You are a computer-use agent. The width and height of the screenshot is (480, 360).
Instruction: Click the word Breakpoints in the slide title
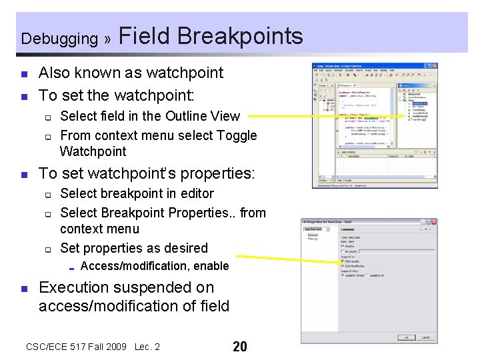pyautogui.click(x=241, y=36)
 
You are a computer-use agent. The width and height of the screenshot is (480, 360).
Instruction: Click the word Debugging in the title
pyautogui.click(x=59, y=39)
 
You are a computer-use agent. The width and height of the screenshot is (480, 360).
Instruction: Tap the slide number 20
pyautogui.click(x=239, y=347)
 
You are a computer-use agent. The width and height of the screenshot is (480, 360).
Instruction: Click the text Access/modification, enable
pyautogui.click(x=154, y=266)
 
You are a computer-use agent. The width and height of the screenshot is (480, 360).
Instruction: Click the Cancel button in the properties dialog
pyautogui.click(x=424, y=337)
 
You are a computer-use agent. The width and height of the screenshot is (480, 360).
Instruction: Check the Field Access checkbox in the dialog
pyautogui.click(x=343, y=261)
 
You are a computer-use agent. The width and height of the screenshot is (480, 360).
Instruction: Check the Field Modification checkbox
pyautogui.click(x=343, y=265)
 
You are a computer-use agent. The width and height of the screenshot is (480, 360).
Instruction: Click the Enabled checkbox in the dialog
pyautogui.click(x=343, y=246)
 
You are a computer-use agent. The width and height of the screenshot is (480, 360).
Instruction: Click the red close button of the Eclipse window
pyautogui.click(x=434, y=66)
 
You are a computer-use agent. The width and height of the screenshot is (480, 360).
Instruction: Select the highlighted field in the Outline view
pyautogui.click(x=419, y=103)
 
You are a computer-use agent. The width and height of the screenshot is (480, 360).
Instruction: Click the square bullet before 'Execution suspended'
pyautogui.click(x=23, y=289)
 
